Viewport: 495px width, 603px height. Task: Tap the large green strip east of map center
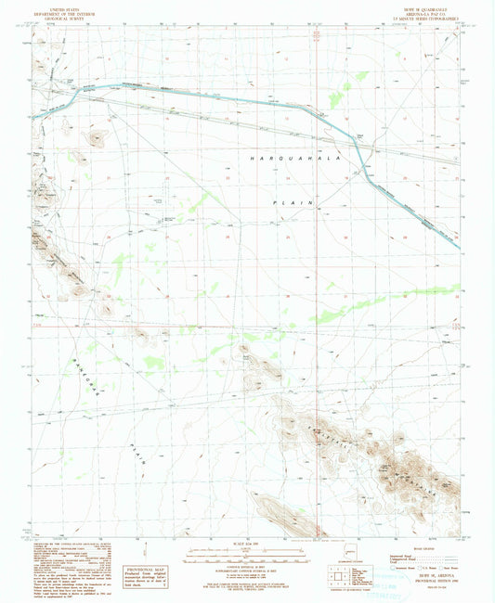point(371,303)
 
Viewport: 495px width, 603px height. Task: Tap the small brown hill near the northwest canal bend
point(95,138)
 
